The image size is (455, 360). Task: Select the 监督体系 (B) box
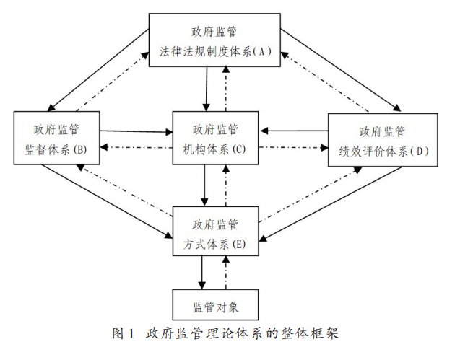pos(56,139)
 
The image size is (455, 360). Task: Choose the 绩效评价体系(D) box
pos(383,141)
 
